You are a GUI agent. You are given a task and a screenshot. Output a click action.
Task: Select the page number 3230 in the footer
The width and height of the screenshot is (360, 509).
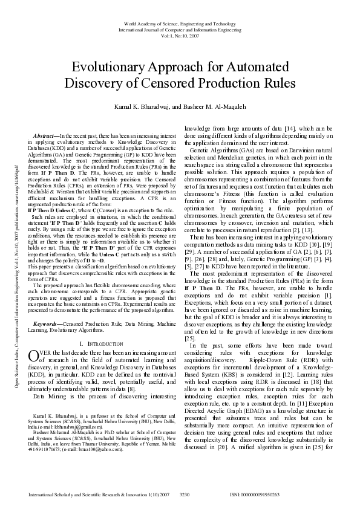185,494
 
